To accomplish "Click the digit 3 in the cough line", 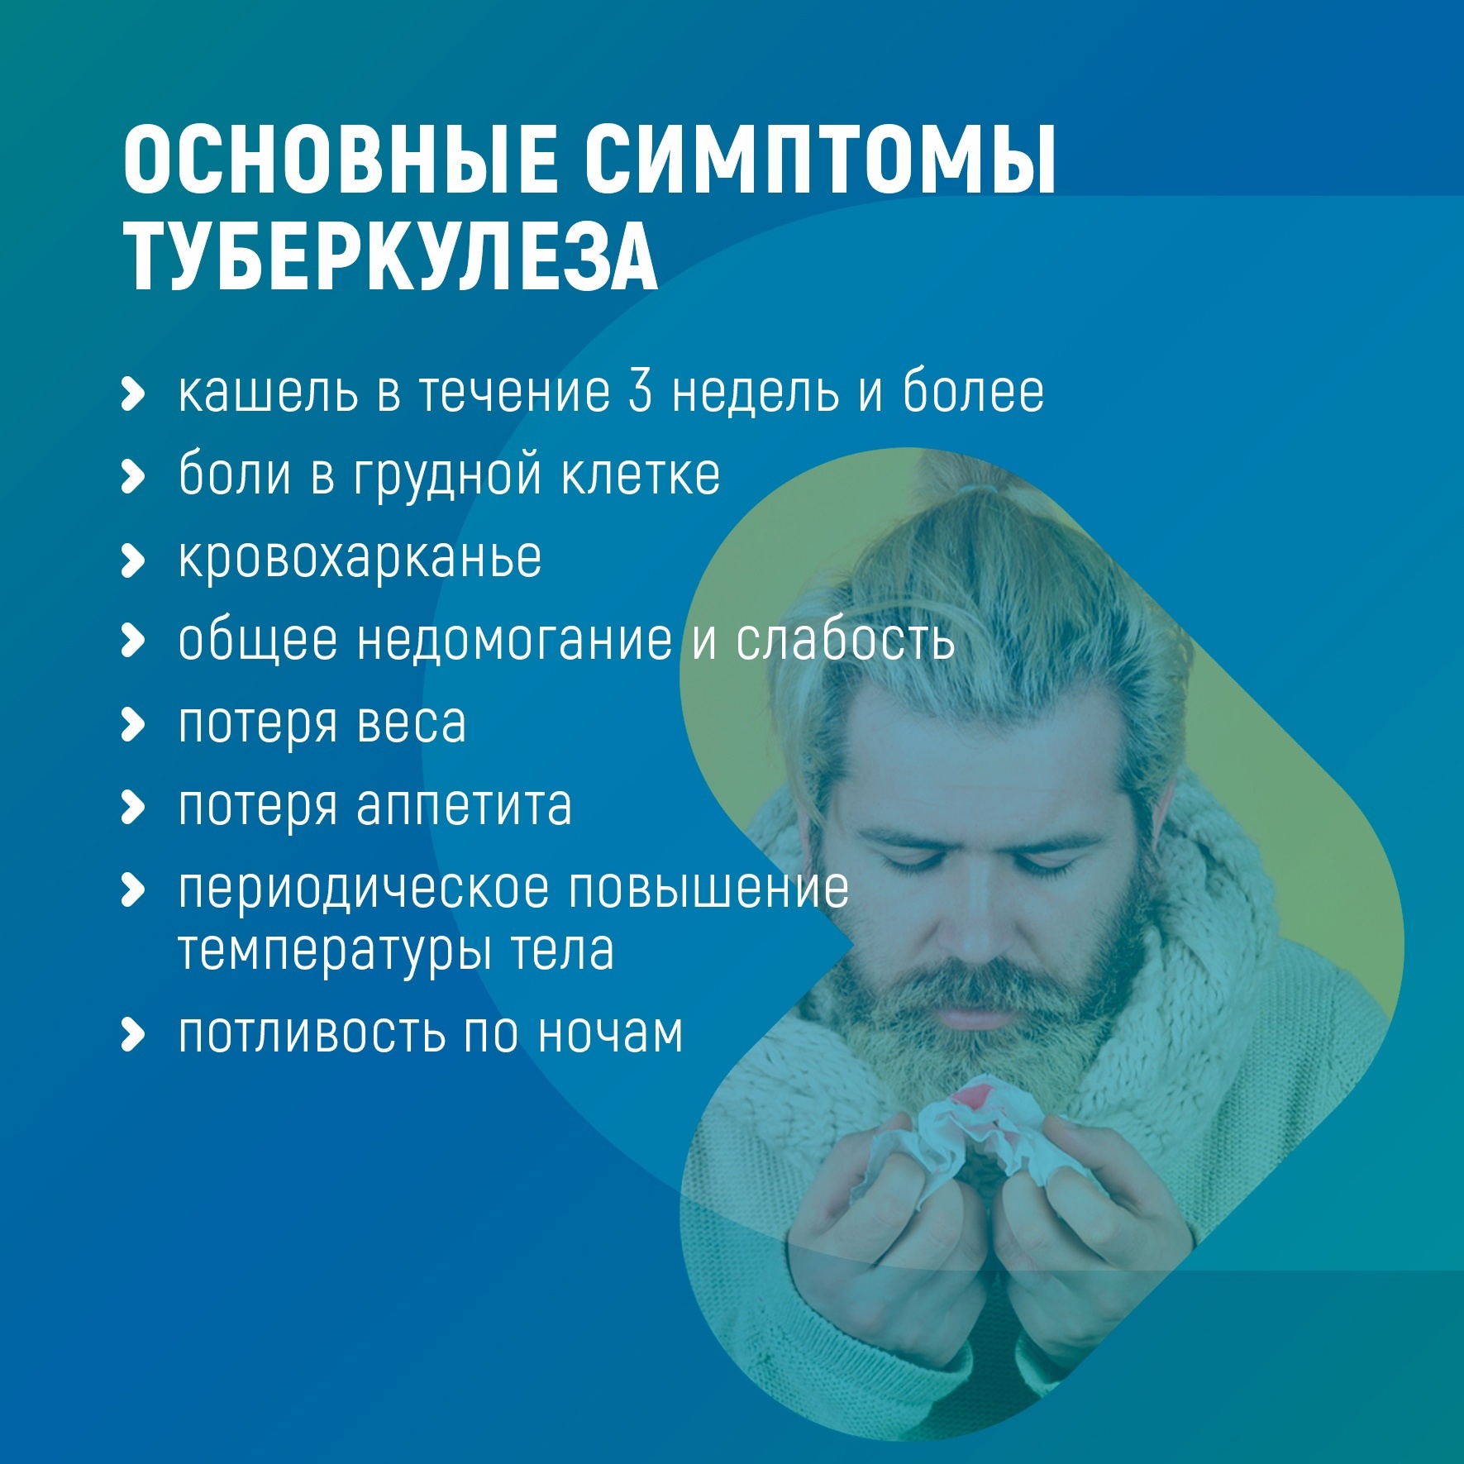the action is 641,391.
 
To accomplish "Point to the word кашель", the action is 269,393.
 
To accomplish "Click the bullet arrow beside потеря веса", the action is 132,724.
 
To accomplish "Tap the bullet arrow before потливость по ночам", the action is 132,1034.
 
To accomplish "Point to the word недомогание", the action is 514,641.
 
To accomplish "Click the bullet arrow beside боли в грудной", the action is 132,476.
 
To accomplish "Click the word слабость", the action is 846,641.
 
